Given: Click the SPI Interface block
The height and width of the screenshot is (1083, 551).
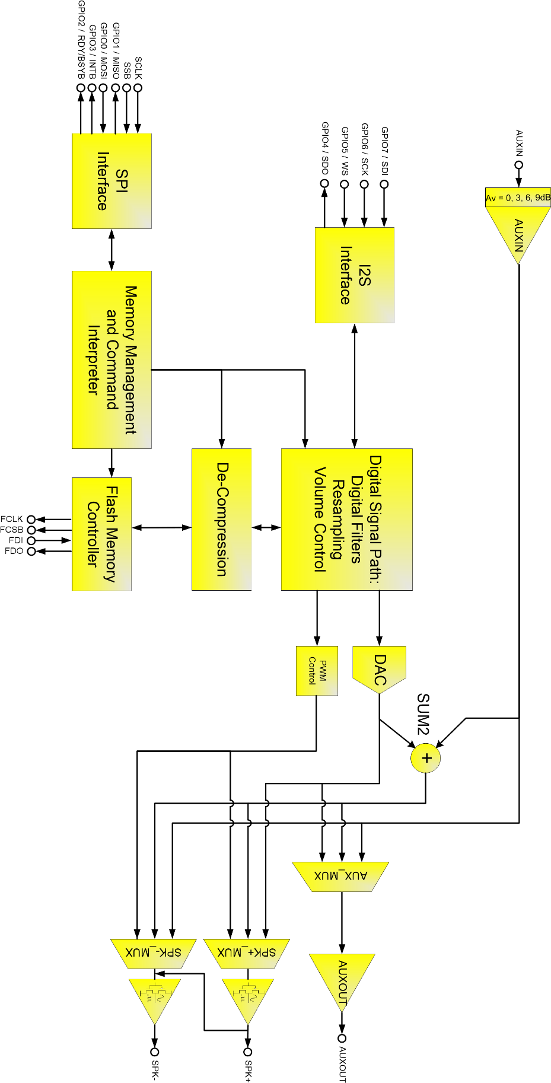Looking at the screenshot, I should point(112,181).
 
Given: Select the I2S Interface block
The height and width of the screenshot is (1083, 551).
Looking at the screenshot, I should point(354,275).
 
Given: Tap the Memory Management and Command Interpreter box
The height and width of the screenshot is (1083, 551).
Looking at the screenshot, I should point(112,359).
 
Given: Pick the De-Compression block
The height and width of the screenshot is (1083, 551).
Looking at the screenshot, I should point(221,519).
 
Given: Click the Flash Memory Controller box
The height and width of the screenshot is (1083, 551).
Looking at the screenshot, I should point(101,534).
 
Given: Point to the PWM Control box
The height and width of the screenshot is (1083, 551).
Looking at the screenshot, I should point(317,670).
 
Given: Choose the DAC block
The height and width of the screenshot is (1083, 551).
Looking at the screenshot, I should point(380,667).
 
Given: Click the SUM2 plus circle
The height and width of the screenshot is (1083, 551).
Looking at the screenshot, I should point(426,758).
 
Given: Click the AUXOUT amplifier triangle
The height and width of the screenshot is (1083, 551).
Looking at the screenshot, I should point(342,979).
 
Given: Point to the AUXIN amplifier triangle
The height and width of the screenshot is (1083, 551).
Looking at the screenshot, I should point(518,232).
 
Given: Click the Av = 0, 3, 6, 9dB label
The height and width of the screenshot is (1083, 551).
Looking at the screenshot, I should point(518,198).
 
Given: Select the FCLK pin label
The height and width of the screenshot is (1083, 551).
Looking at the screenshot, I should point(12,519).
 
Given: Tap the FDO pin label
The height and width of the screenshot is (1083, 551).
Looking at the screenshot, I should point(14,551).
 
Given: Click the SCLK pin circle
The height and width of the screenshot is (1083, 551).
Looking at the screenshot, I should point(138,88).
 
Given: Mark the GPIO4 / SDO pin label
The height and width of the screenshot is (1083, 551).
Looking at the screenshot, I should point(325,148).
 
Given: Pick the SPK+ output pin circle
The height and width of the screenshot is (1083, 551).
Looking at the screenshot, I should point(248,1052).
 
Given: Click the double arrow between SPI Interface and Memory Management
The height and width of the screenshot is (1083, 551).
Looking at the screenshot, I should point(112,250).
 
